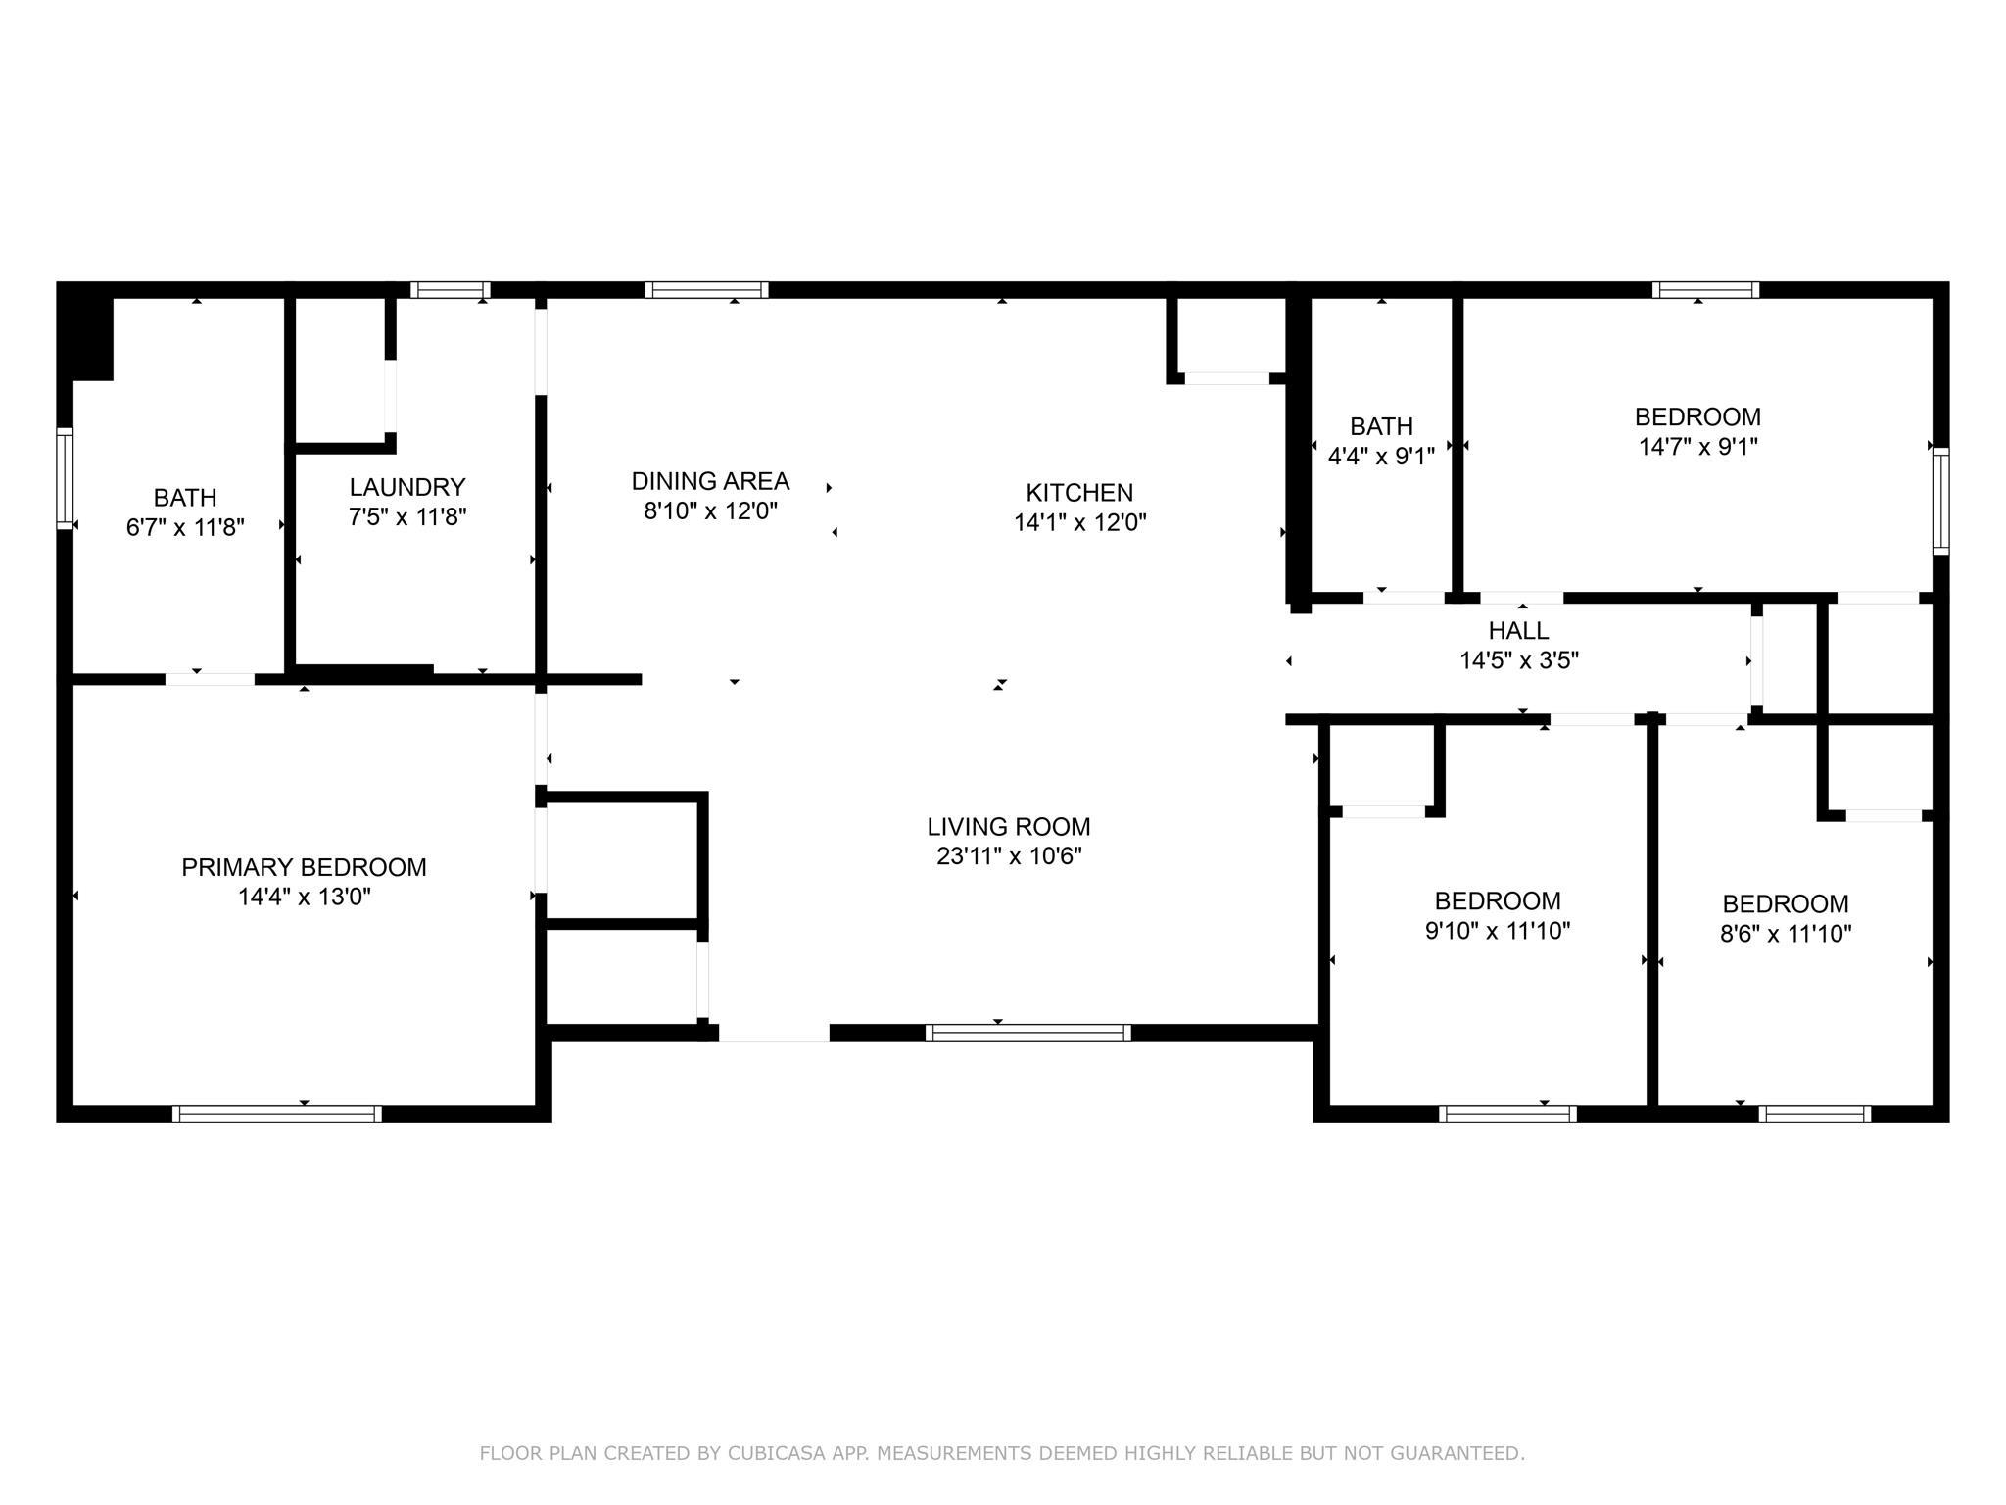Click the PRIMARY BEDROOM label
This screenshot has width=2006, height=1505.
(x=304, y=867)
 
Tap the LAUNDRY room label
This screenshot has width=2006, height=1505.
(x=407, y=487)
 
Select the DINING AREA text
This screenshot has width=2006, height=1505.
(x=710, y=481)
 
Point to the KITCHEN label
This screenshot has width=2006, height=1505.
(x=1079, y=492)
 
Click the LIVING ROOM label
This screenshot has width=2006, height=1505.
(x=1009, y=827)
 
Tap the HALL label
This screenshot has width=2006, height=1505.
(x=1519, y=631)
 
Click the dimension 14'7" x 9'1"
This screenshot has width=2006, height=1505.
(x=1698, y=447)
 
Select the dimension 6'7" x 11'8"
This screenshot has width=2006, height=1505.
(x=185, y=528)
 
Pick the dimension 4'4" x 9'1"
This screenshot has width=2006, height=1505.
(x=1381, y=456)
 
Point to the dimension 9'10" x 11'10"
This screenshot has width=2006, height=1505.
(x=1498, y=931)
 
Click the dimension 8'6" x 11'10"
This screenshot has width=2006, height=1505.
(x=1786, y=934)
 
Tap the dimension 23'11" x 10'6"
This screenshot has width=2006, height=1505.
(x=1009, y=856)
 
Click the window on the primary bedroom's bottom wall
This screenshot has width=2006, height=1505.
(x=277, y=1114)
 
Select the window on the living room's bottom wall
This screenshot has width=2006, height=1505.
(x=1028, y=1033)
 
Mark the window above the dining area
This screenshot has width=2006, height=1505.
(x=706, y=290)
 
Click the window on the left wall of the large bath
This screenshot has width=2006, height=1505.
(x=65, y=478)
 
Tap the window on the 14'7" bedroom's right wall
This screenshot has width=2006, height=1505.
(x=1940, y=501)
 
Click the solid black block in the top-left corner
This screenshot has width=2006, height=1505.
(x=86, y=332)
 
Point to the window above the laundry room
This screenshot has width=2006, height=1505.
(x=450, y=290)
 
